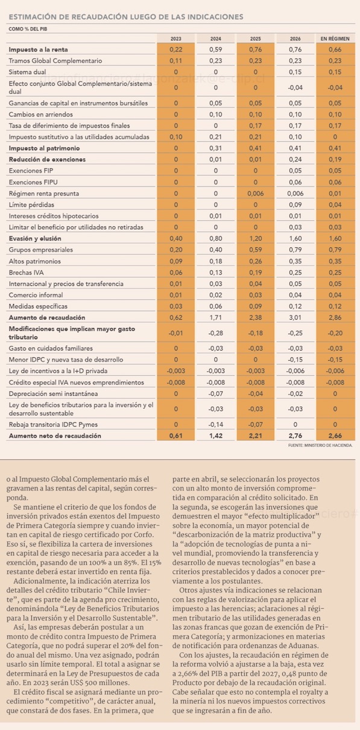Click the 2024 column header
point(216,39)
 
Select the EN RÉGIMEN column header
point(335,39)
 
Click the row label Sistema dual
point(27,72)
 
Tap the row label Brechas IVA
point(26,273)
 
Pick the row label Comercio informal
point(36,295)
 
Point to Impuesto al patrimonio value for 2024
point(216,148)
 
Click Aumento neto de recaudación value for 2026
point(295,436)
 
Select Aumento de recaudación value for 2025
point(256,317)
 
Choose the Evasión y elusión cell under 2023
point(176,238)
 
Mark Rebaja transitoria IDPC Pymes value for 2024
point(216,424)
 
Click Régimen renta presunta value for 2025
point(256,194)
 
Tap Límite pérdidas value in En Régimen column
point(335,205)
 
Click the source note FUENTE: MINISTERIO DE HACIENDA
point(320,445)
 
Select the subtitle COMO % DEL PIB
point(28,29)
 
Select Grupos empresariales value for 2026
point(295,250)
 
